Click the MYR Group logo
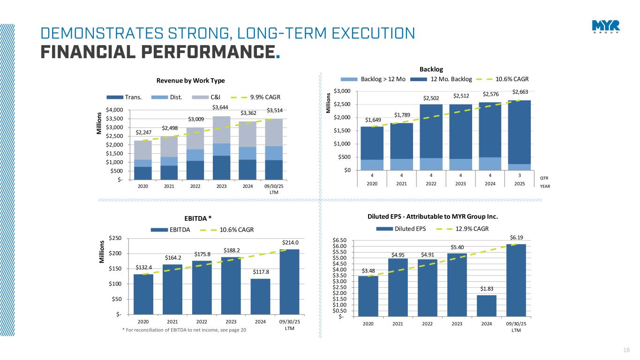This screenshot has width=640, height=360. pyautogui.click(x=605, y=27)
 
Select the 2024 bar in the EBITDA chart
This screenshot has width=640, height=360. pyautogui.click(x=260, y=296)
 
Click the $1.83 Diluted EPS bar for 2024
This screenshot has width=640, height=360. pyautogui.click(x=487, y=305)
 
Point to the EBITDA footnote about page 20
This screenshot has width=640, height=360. pyautogui.click(x=184, y=330)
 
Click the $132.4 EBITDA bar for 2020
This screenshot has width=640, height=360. pyautogui.click(x=143, y=294)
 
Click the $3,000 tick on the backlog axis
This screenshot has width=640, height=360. pyautogui.click(x=345, y=91)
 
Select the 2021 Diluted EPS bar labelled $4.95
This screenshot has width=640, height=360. pyautogui.click(x=398, y=287)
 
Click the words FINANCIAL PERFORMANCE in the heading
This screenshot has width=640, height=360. pyautogui.click(x=157, y=50)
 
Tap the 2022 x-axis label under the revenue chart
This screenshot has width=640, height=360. pyautogui.click(x=195, y=186)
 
